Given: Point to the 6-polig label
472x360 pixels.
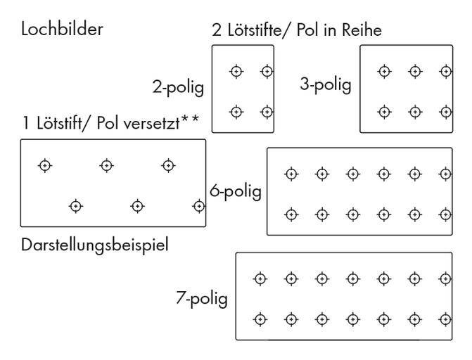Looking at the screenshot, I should (x=236, y=191).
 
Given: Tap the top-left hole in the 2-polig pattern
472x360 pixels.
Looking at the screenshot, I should (x=237, y=70).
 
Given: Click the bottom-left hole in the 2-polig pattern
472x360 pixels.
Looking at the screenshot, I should (x=237, y=111).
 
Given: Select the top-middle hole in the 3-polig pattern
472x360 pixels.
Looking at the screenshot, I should (x=415, y=70).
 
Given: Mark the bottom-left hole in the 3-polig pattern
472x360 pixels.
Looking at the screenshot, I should (x=384, y=111).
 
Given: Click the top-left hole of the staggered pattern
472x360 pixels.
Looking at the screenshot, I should (x=45, y=165).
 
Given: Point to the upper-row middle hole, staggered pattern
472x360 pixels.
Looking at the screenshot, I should (x=106, y=165).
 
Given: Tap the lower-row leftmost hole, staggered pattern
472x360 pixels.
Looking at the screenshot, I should (x=75, y=206).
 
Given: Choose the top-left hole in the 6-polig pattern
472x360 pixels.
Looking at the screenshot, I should (x=290, y=174).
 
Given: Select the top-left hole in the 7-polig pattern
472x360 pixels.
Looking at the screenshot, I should (x=260, y=278).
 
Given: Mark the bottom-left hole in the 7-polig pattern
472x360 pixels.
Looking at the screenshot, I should (x=260, y=319).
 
